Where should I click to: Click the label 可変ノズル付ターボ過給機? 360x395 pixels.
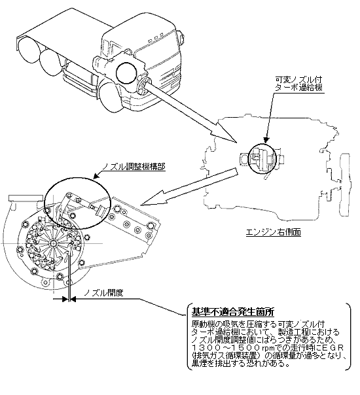coord(298,84)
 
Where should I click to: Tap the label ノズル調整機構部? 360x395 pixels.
coord(134,167)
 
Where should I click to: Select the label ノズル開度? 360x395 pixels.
coord(103,292)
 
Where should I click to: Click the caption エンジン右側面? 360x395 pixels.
coord(273,232)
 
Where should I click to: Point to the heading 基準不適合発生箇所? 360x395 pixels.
coord(232,312)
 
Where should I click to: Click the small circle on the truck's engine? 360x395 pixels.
coord(126,73)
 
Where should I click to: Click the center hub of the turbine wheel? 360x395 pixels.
coord(53,243)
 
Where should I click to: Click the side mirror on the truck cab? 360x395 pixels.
coord(181,38)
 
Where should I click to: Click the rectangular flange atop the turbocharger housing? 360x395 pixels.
coord(26,198)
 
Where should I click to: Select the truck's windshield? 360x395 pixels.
coord(153,50)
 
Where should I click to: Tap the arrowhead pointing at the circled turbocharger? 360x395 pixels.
coord(266,141)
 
